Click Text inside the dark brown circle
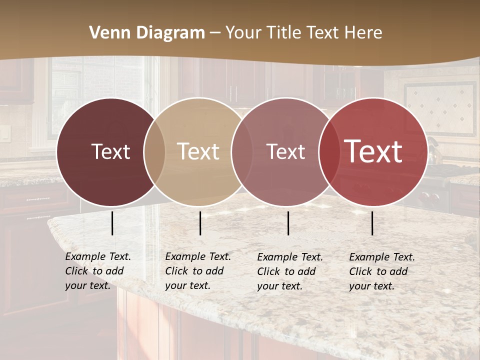110,151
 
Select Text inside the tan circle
198,151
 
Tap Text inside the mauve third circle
286,151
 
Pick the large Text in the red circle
373,151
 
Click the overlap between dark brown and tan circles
154,151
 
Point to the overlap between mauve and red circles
329,151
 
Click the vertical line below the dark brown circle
112,223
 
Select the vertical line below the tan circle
200,223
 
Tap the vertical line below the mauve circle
288,223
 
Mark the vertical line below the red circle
372,223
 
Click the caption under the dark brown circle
97,271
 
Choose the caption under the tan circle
197,271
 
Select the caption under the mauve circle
289,271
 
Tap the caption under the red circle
381,271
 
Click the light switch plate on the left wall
4,133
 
